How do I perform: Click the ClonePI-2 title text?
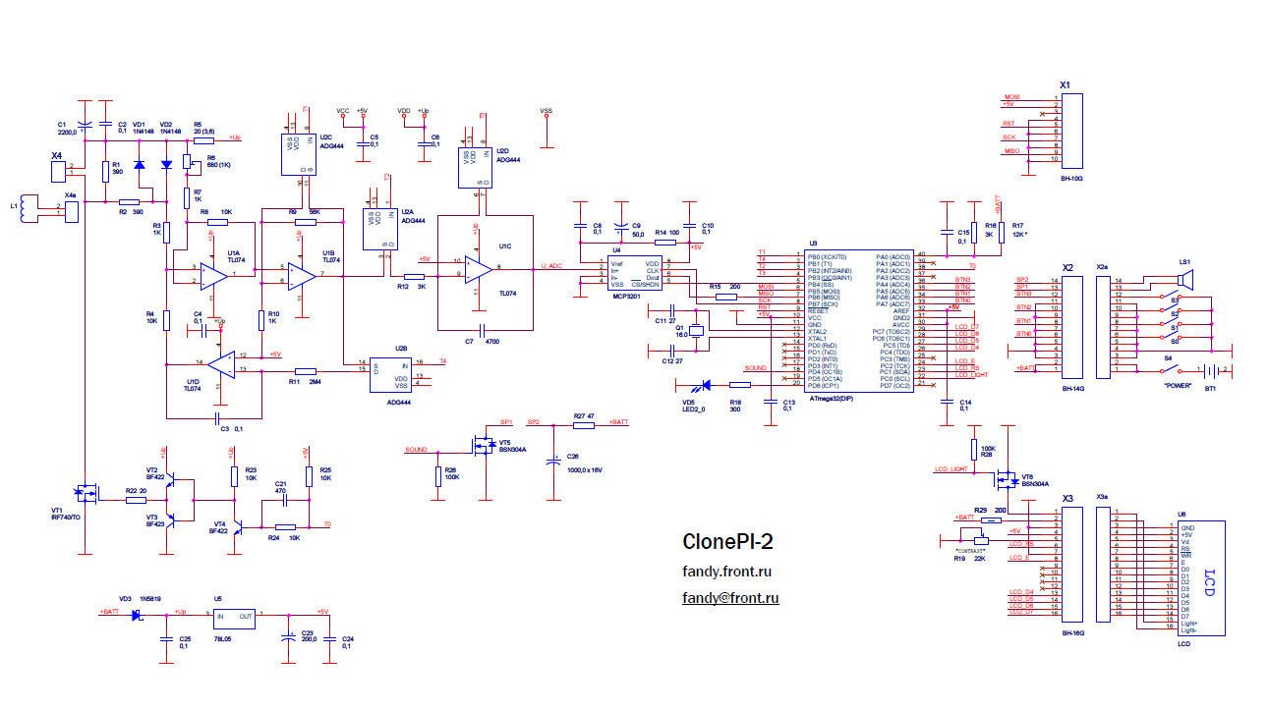727,541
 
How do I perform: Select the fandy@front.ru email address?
730,597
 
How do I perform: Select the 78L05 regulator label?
222,639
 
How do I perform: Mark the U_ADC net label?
552,265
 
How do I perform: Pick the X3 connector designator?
1067,497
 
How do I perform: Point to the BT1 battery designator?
1210,388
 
